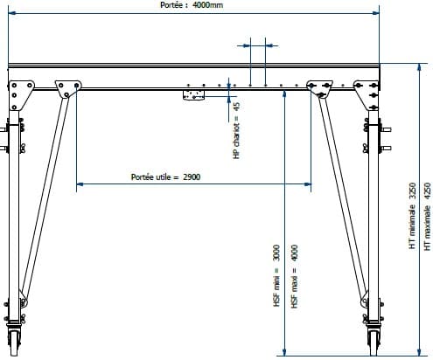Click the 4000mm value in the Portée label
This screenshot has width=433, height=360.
click(x=207, y=5)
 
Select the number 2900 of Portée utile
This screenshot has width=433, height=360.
click(x=192, y=177)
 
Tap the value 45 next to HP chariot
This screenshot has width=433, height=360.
click(x=237, y=107)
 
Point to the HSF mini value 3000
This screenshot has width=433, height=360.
click(x=276, y=253)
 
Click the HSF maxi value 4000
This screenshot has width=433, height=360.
click(x=295, y=253)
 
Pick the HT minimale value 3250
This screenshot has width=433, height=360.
click(x=412, y=190)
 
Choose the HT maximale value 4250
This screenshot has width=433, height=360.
click(x=427, y=190)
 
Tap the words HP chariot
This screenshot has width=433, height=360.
click(x=237, y=142)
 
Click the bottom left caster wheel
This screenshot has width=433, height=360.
click(x=14, y=342)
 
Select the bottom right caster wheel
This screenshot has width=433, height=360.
click(x=374, y=342)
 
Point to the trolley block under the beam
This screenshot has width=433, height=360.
click(x=193, y=94)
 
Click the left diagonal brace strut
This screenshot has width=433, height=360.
click(x=44, y=198)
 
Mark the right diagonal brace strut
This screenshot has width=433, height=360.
click(x=344, y=198)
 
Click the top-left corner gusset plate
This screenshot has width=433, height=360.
click(x=20, y=94)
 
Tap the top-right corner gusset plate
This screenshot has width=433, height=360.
click(x=367, y=94)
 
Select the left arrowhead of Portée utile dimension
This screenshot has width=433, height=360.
click(x=80, y=184)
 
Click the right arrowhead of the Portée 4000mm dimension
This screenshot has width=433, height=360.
click(x=375, y=13)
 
